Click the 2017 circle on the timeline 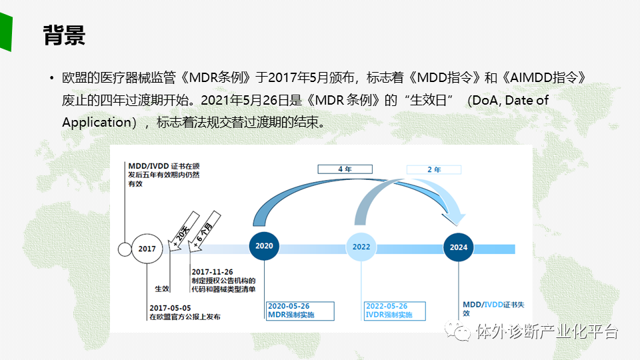click(x=147, y=249)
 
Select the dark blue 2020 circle click(x=265, y=246)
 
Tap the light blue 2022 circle click(x=361, y=247)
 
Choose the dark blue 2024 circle click(x=459, y=247)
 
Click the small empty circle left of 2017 click(x=125, y=249)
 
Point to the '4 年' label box click(x=345, y=169)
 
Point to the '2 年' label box click(x=434, y=169)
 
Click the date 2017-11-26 click(x=212, y=271)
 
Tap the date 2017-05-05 click(x=170, y=307)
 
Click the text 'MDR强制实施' click(x=291, y=315)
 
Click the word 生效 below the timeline click(x=162, y=289)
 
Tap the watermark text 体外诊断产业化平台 click(x=547, y=331)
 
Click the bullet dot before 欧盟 click(x=51, y=79)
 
